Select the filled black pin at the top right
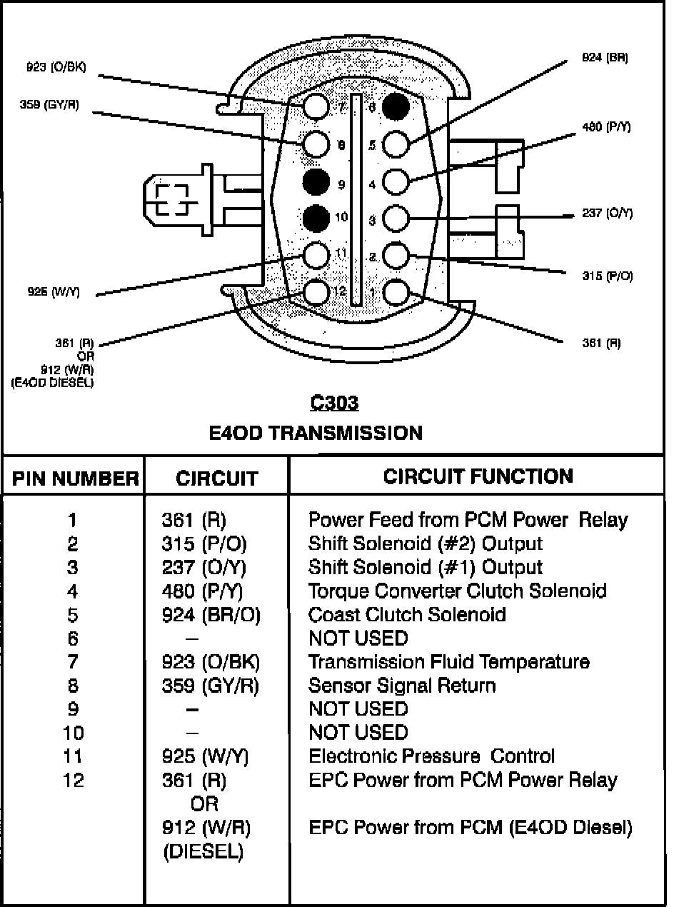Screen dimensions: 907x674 point(396,106)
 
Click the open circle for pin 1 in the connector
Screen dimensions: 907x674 point(396,291)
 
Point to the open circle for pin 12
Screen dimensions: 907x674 point(315,291)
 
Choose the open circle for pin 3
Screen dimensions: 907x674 point(396,217)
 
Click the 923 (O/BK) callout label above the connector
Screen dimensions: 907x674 point(56,68)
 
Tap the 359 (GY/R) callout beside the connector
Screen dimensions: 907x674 point(49,104)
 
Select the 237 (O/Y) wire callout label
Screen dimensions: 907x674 point(607,214)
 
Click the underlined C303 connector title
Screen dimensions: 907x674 point(334,404)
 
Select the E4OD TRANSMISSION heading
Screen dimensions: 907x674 point(316,432)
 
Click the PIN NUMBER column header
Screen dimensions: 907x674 point(75,478)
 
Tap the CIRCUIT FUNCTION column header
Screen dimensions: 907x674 point(478,476)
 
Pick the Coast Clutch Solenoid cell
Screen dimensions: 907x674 point(407,614)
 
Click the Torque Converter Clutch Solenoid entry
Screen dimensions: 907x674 point(457,591)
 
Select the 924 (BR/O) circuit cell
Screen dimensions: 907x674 point(211,614)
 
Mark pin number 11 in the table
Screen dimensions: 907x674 point(73,756)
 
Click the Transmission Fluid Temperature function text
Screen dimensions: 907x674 point(448,661)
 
